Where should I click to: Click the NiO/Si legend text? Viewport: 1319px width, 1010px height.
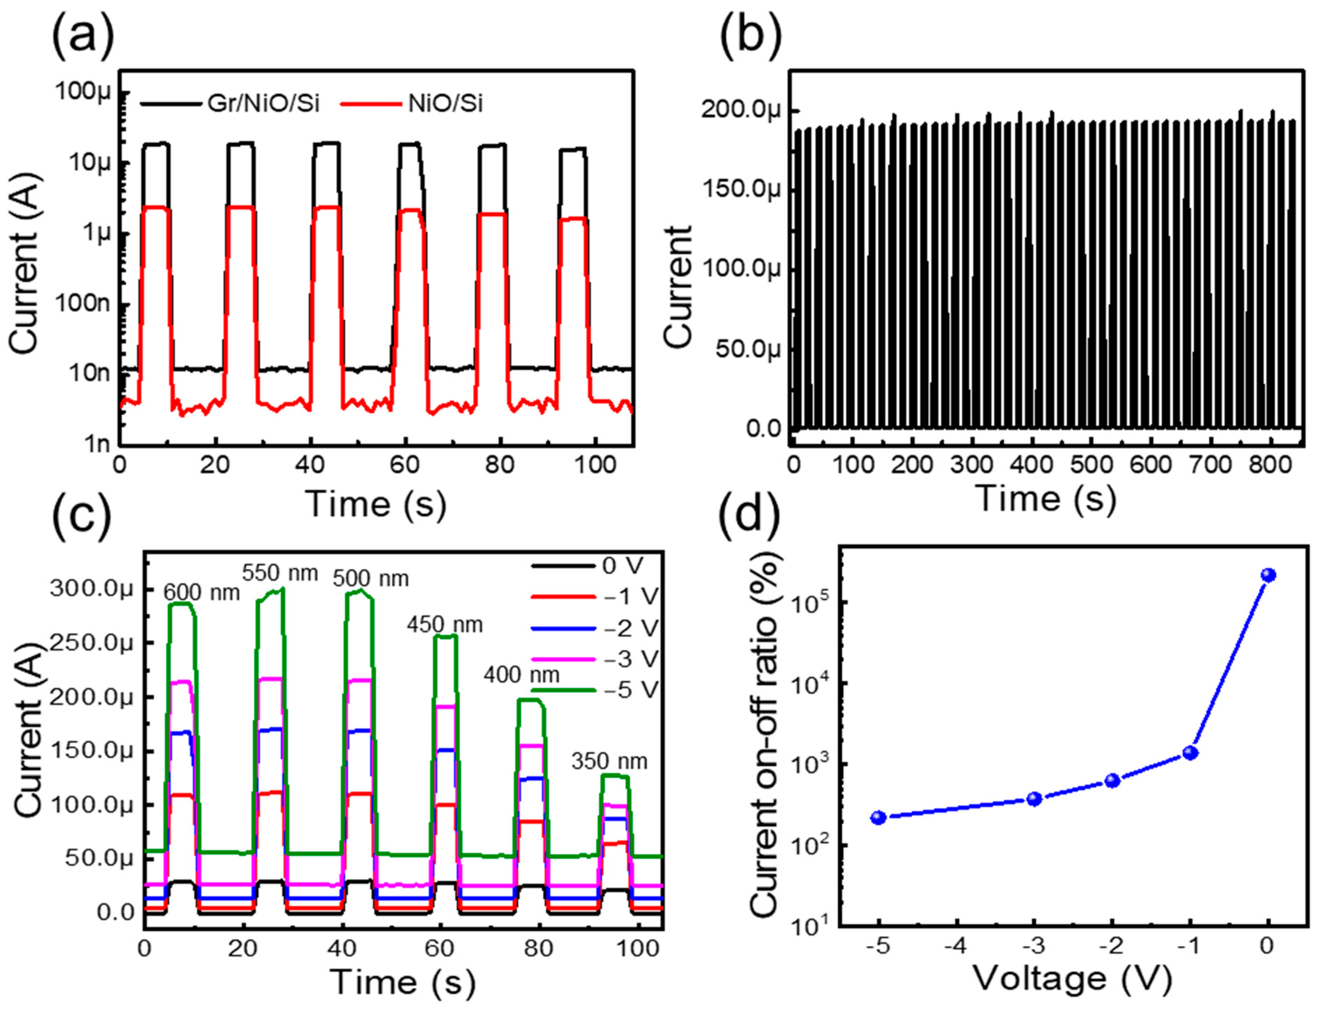pyautogui.click(x=445, y=104)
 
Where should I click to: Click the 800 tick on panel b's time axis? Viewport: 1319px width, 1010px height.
pyautogui.click(x=1269, y=465)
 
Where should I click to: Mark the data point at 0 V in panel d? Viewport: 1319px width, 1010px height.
pyautogui.click(x=1268, y=575)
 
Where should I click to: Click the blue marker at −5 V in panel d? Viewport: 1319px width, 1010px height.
pyautogui.click(x=879, y=817)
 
